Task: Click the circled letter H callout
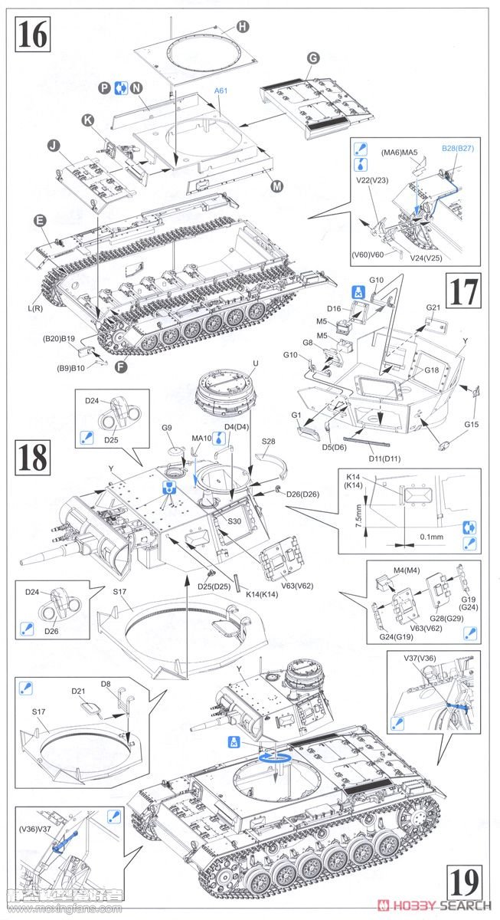pyautogui.click(x=243, y=27)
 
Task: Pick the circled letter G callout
pyautogui.click(x=312, y=58)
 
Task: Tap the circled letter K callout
pyautogui.click(x=88, y=120)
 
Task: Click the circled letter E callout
pyautogui.click(x=38, y=220)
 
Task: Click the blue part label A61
pyautogui.click(x=221, y=90)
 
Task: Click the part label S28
pyautogui.click(x=268, y=442)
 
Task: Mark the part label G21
pyautogui.click(x=433, y=307)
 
